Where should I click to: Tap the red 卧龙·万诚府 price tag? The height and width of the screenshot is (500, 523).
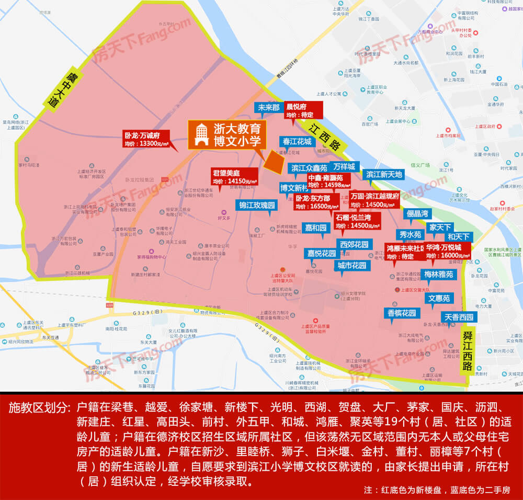coord(145,138)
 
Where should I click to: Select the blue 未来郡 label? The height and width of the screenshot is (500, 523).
coord(268,108)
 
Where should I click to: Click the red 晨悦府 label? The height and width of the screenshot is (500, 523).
coord(302,110)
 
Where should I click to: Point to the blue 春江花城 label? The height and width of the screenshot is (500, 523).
coord(297,142)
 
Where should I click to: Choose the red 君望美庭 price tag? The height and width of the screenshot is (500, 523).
coord(234,177)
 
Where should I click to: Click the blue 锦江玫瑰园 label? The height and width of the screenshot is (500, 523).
coord(257,205)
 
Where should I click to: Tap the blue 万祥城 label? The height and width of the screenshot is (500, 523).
coord(344,167)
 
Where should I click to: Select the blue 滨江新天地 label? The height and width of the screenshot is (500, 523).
coord(384,175)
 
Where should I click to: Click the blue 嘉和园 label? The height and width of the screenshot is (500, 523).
coord(316,228)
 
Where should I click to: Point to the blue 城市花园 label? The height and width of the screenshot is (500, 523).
coord(352,265)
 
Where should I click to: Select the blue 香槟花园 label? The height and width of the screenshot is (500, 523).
coord(402,313)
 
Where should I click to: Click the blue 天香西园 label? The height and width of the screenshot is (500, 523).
coord(459,317)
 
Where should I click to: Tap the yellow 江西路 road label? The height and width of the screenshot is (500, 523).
coord(324,138)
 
